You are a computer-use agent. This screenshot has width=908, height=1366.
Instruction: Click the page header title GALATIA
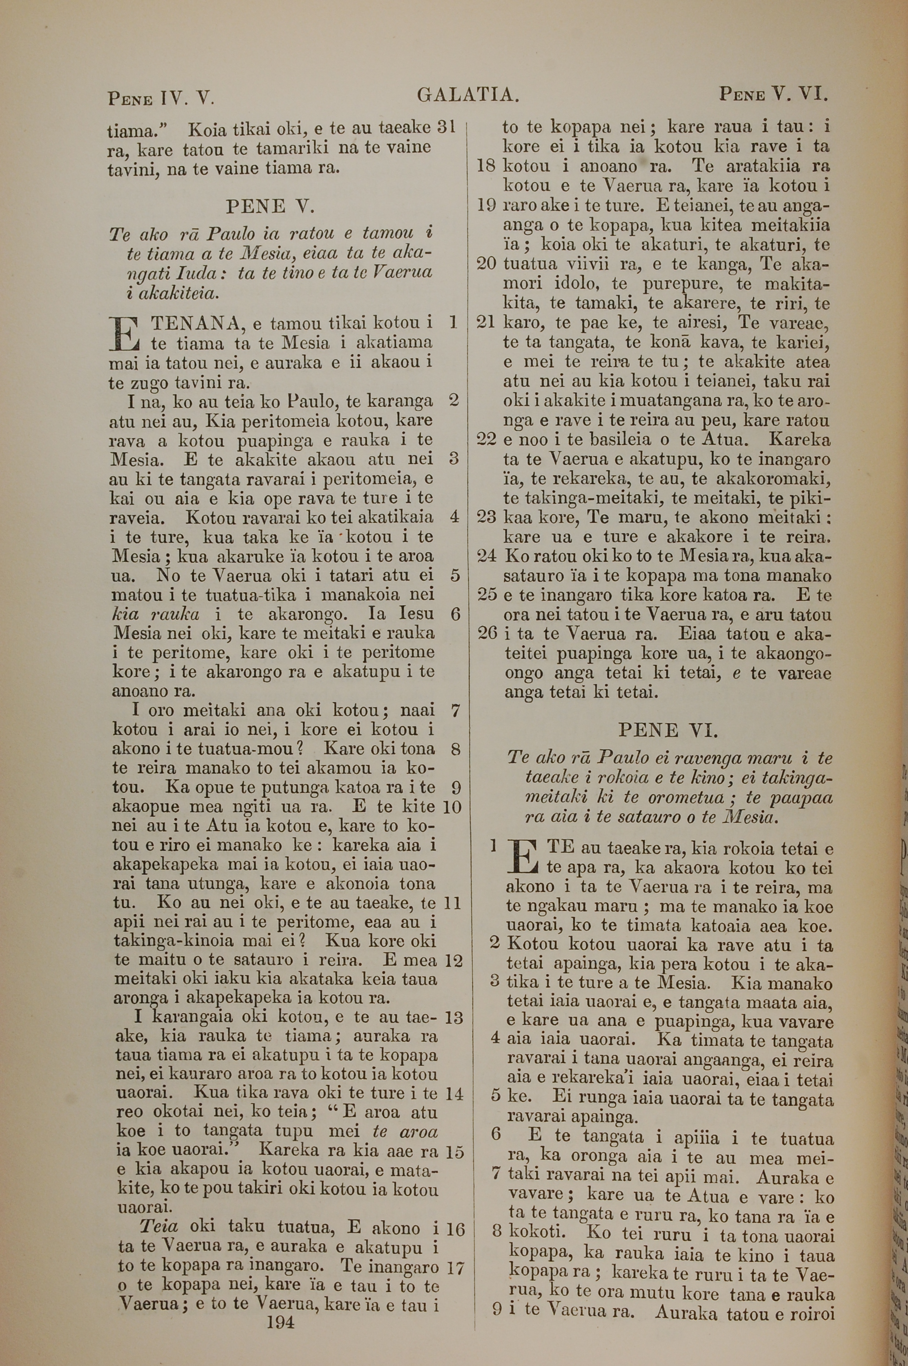pyautogui.click(x=467, y=94)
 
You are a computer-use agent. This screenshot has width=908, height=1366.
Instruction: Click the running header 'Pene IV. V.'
pyautogui.click(x=161, y=97)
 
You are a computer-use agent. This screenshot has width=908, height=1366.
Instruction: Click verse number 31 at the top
pyautogui.click(x=446, y=127)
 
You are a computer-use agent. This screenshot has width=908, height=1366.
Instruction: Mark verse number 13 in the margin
pyautogui.click(x=454, y=1017)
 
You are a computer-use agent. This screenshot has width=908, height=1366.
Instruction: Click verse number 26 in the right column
pyautogui.click(x=488, y=633)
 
